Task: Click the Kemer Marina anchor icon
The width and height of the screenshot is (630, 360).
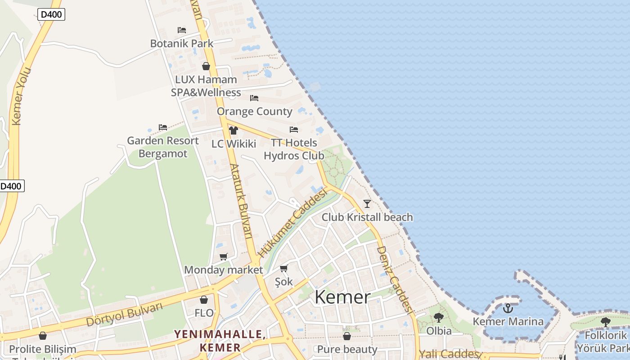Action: click(x=508, y=308)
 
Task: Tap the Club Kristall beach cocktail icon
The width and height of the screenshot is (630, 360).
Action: click(x=367, y=204)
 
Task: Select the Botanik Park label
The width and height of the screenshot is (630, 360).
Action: click(x=182, y=44)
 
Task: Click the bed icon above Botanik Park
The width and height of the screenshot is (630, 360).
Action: click(x=182, y=30)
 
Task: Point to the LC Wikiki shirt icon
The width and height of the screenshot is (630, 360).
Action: click(x=233, y=130)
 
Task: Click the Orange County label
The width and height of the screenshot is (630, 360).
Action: click(x=254, y=112)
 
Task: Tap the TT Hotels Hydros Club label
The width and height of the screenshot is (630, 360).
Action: click(x=294, y=149)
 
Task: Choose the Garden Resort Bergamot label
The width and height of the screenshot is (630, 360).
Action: click(x=163, y=147)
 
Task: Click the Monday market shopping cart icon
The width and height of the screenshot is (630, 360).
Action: click(x=224, y=256)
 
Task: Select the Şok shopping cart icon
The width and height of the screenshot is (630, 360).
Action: click(x=284, y=269)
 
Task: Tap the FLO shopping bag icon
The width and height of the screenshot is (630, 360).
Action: click(x=204, y=300)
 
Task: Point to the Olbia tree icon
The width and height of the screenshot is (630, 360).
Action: click(x=439, y=318)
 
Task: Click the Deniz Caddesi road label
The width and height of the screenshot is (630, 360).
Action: click(x=395, y=279)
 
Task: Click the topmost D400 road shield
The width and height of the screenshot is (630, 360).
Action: click(x=51, y=14)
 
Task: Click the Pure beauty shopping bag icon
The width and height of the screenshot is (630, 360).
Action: click(x=347, y=336)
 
